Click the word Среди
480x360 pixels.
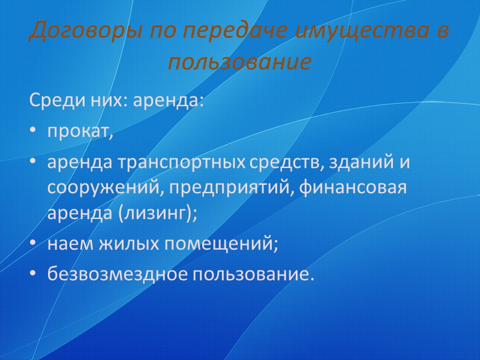pos(50,101)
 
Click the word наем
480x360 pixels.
pos(67,244)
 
